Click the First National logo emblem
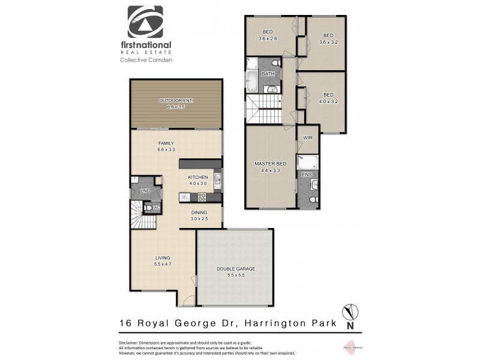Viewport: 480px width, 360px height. (x=145, y=22)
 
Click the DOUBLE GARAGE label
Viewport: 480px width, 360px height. (x=236, y=268)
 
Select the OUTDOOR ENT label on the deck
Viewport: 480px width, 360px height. (x=175, y=100)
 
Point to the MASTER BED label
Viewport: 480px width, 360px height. (x=270, y=164)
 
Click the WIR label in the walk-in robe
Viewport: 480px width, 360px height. (x=308, y=137)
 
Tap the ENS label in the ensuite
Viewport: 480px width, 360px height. (x=307, y=175)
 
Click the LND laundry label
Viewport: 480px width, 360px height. (x=145, y=191)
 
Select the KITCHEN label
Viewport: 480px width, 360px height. (x=197, y=177)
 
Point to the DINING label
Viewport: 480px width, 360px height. (x=199, y=212)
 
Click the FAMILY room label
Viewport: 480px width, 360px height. (x=166, y=143)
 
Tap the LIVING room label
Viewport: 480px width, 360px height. (x=163, y=257)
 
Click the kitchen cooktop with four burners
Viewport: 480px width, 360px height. (x=202, y=196)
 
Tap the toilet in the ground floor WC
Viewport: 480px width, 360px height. (x=148, y=208)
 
